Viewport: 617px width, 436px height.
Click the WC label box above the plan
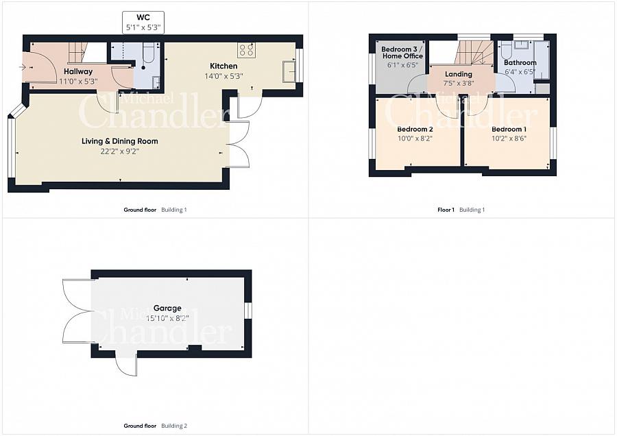pyautogui.click(x=144, y=23)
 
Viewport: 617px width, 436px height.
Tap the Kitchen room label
pyautogui.click(x=223, y=66)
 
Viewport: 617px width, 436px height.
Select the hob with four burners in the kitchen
pyautogui.click(x=246, y=49)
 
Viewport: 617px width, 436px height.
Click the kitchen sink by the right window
pyautogui.click(x=288, y=71)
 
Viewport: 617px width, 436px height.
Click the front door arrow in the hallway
pyautogui.click(x=23, y=67)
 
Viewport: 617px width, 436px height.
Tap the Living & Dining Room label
pyautogui.click(x=120, y=141)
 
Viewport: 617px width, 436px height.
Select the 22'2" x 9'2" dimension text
pyautogui.click(x=120, y=152)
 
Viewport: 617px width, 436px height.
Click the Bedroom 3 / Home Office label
pyautogui.click(x=402, y=52)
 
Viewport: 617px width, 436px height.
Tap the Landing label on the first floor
pyautogui.click(x=459, y=74)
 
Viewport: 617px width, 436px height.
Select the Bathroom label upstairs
pyautogui.click(x=520, y=62)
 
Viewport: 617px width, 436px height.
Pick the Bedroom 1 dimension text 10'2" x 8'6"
pyautogui.click(x=509, y=138)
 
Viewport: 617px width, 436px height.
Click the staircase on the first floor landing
pyautogui.click(x=474, y=53)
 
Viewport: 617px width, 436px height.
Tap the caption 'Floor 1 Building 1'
pyautogui.click(x=461, y=210)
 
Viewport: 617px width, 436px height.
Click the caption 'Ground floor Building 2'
pyautogui.click(x=155, y=426)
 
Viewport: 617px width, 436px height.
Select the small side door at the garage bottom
pyautogui.click(x=127, y=364)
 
